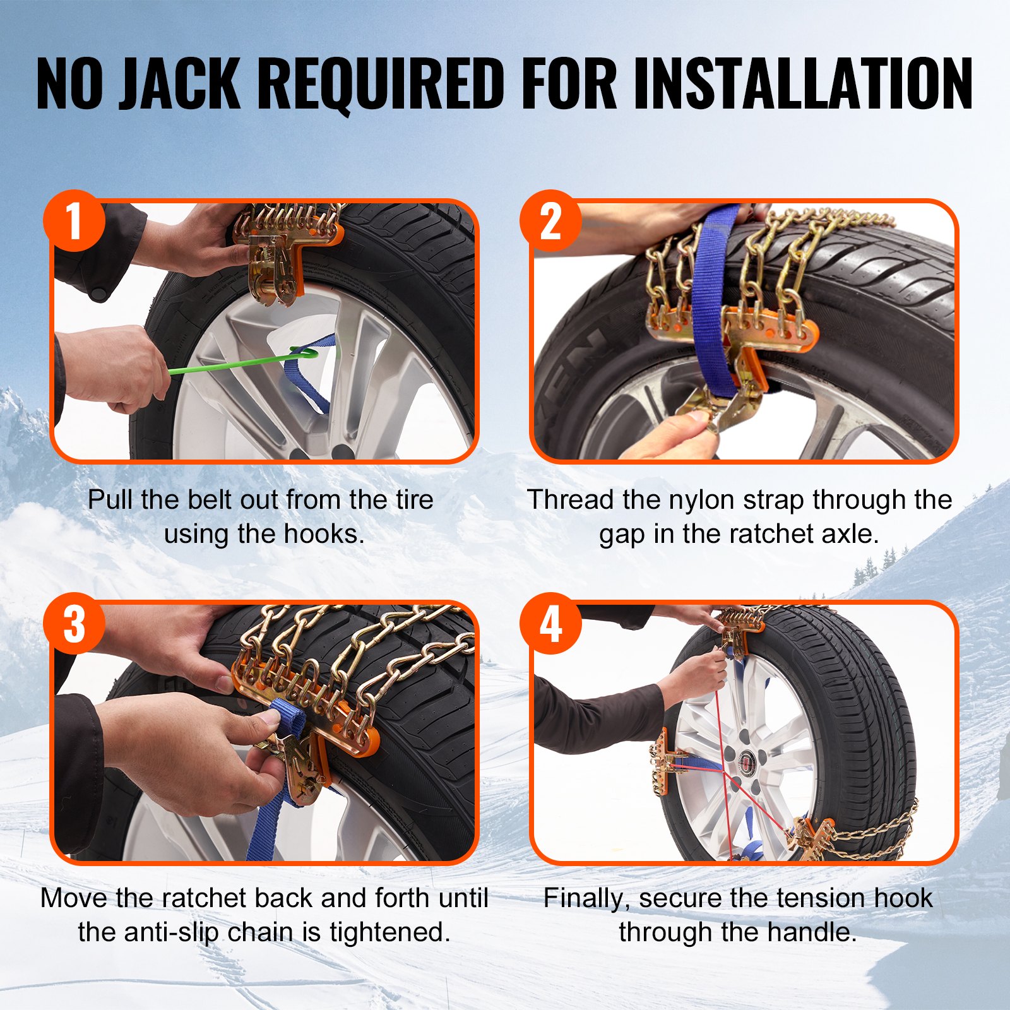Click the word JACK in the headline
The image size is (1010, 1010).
pos(180,83)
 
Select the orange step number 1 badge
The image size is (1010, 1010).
pos(74,221)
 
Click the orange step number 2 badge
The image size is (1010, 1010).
pos(550,221)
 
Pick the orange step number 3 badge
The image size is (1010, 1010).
pos(74,624)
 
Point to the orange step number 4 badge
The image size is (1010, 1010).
pos(550,624)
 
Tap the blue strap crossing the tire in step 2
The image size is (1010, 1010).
pos(712,284)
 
